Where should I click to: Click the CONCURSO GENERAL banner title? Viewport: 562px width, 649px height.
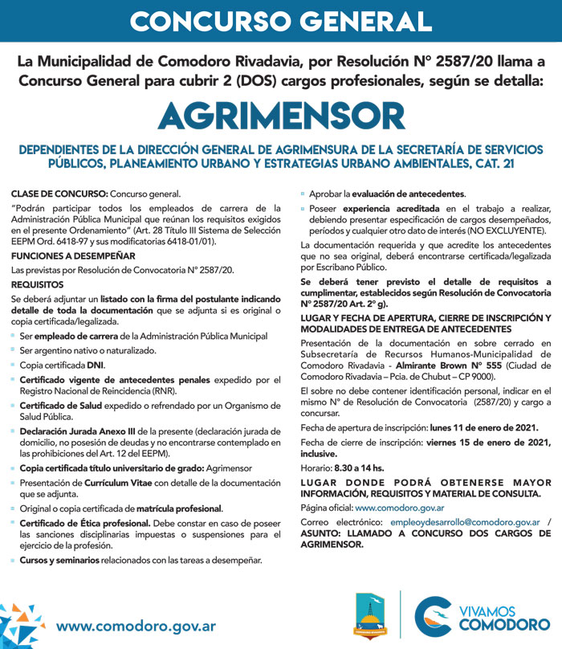(x=280, y=22)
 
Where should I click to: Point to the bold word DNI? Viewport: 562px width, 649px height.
(x=96, y=364)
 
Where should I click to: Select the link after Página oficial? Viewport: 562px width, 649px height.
(x=400, y=508)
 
